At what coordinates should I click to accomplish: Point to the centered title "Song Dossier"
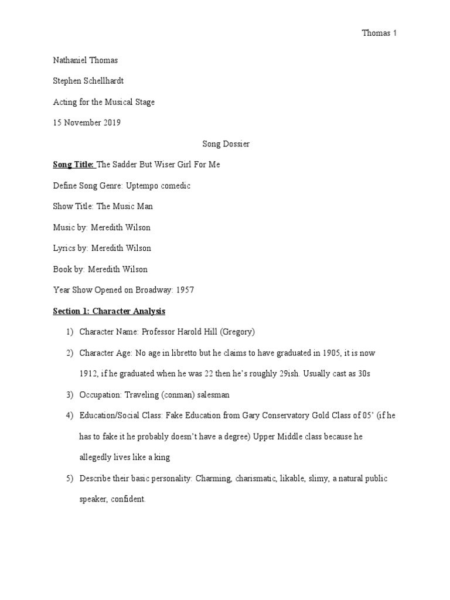(x=225, y=144)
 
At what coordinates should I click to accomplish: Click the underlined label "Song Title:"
(x=73, y=165)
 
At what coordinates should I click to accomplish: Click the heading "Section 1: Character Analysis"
(x=109, y=311)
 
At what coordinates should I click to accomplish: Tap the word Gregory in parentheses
(x=237, y=332)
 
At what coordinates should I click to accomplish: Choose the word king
(x=151, y=457)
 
